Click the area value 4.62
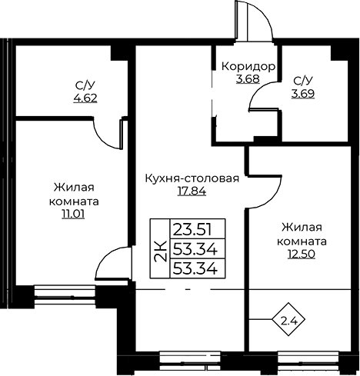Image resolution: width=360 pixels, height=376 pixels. pyautogui.click(x=85, y=98)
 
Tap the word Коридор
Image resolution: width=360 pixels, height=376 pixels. pyautogui.click(x=248, y=67)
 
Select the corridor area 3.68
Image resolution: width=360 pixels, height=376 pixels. pyautogui.click(x=248, y=79)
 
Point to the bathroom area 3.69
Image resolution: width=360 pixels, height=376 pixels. pyautogui.click(x=303, y=94)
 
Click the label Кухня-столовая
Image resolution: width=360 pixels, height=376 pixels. pyautogui.click(x=192, y=178)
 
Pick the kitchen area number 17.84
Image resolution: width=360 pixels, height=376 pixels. pyautogui.click(x=192, y=191)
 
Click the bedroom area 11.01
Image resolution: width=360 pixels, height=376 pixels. pyautogui.click(x=73, y=214)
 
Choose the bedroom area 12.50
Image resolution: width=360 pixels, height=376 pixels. pyautogui.click(x=302, y=254)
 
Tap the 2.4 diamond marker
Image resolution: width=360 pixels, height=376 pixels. pyautogui.click(x=288, y=319)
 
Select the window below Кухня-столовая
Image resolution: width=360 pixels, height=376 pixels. pyautogui.click(x=190, y=361)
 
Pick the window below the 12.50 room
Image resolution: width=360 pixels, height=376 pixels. pyautogui.click(x=308, y=361)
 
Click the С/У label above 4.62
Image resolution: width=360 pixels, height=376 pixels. pyautogui.click(x=82, y=86)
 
